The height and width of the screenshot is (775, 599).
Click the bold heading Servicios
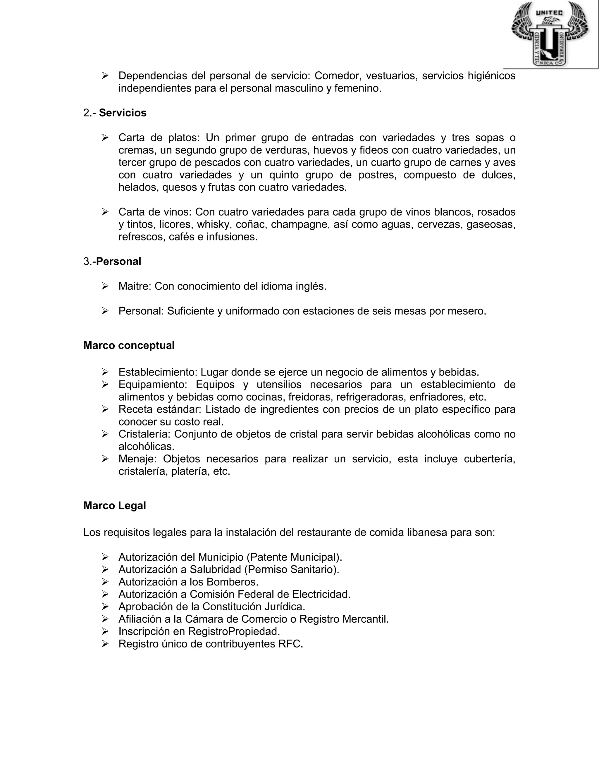tap(123, 113)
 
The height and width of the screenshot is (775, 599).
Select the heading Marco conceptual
tap(129, 345)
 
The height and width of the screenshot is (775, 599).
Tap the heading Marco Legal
tap(115, 506)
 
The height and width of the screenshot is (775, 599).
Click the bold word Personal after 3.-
tap(118, 261)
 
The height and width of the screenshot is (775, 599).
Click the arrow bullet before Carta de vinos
tap(105, 212)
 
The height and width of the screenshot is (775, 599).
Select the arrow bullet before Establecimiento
tap(105, 372)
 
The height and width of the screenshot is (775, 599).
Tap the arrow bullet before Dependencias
tap(105, 75)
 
